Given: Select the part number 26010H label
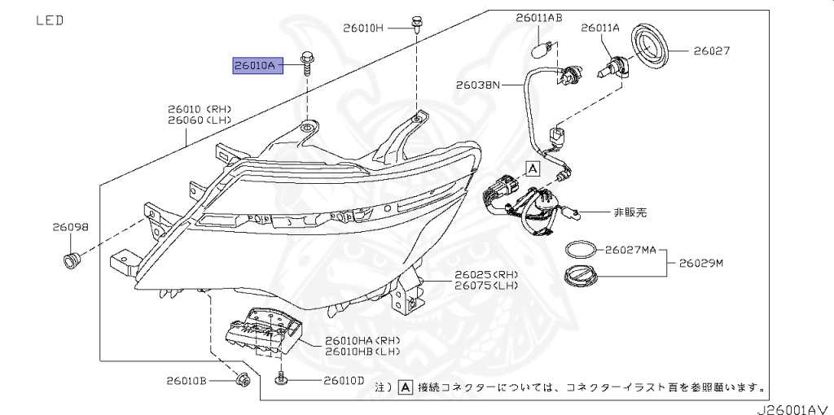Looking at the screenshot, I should [x=362, y=28].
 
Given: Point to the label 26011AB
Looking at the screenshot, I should [x=538, y=17].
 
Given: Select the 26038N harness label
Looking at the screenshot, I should [x=478, y=84].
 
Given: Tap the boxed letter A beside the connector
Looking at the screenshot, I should [x=532, y=168].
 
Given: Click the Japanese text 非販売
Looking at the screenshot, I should [x=630, y=212].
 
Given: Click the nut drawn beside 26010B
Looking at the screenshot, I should [x=240, y=380].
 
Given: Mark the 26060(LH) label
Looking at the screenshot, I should [x=200, y=120].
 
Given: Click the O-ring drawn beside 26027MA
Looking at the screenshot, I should [x=580, y=248].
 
